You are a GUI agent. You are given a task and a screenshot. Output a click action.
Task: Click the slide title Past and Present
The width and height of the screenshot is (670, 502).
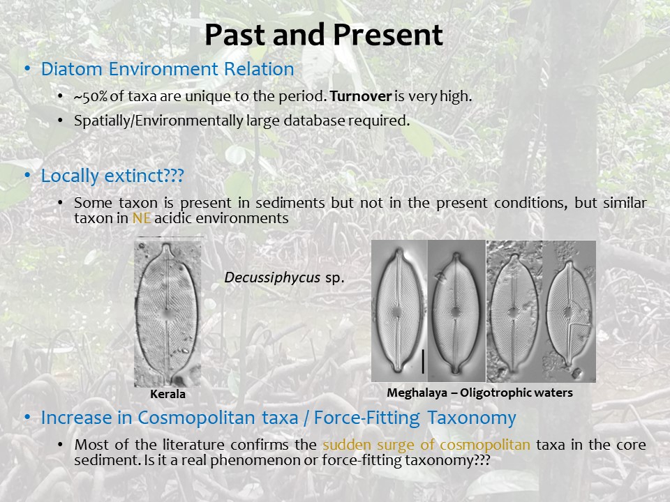(323, 35)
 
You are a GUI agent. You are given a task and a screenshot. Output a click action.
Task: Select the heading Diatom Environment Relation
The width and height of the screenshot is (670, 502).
(167, 69)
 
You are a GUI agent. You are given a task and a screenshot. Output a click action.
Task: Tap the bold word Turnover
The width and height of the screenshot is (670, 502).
(361, 96)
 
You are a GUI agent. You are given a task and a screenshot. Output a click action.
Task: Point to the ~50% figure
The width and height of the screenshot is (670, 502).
(91, 96)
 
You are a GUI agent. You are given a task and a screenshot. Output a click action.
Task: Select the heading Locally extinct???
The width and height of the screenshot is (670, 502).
(112, 176)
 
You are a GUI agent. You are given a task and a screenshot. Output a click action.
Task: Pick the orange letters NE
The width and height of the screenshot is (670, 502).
(142, 218)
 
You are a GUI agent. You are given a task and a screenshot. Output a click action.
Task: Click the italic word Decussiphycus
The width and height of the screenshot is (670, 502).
(272, 278)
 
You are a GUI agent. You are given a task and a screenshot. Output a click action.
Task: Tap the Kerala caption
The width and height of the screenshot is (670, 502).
(167, 393)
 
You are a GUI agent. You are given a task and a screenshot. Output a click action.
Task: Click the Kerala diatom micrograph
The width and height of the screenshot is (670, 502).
(167, 313)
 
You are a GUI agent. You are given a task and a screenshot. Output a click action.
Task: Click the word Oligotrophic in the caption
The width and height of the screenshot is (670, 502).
(490, 393)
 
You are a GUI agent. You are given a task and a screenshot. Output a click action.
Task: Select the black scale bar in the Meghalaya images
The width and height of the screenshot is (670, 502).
(423, 362)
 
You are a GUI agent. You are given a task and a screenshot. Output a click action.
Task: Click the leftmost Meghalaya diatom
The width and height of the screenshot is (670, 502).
(399, 311)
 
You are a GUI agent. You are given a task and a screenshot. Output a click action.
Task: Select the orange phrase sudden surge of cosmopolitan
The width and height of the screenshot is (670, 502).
(426, 445)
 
